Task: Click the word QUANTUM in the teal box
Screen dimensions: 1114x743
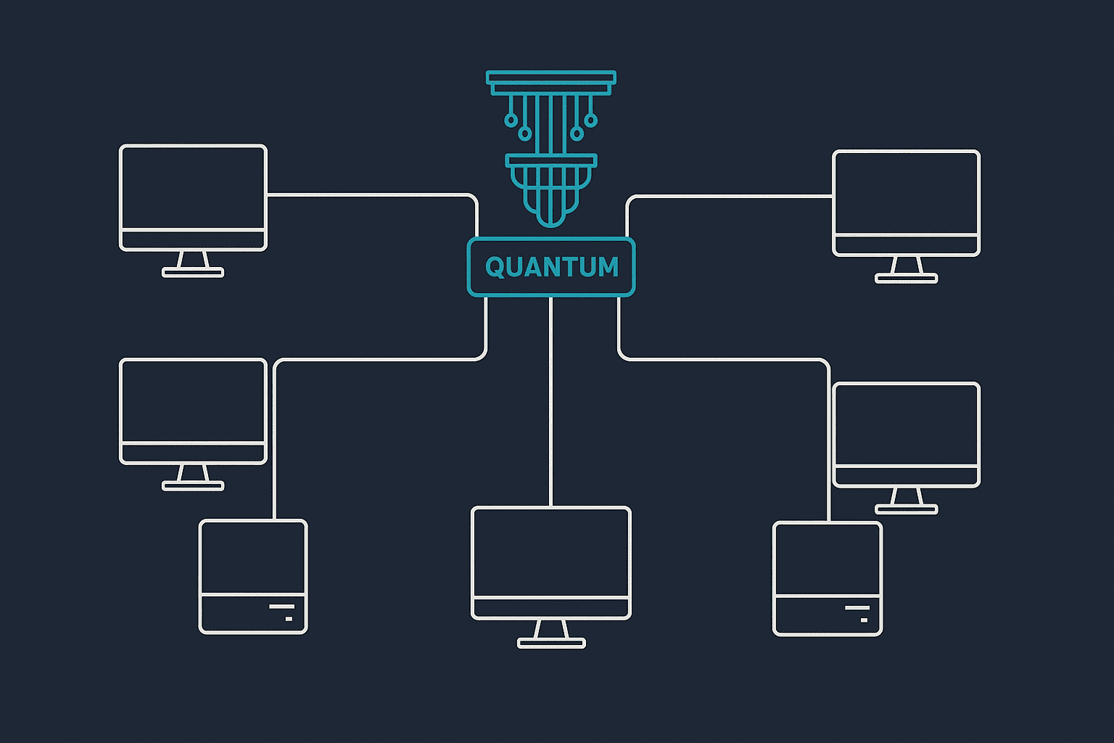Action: click(551, 267)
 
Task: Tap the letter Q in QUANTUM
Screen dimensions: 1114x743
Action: click(495, 267)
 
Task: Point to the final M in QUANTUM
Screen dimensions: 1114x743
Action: click(608, 267)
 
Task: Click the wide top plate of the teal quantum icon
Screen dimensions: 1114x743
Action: click(551, 77)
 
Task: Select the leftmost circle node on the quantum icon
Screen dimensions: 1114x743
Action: click(511, 120)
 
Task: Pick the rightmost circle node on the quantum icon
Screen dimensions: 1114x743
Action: click(591, 120)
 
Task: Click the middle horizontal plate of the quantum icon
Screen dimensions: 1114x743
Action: click(551, 160)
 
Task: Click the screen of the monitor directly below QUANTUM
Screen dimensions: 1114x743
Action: click(551, 552)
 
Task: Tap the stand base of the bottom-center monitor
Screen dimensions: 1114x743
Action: click(551, 643)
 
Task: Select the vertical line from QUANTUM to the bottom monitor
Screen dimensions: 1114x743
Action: click(550, 401)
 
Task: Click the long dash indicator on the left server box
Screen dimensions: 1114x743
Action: click(282, 607)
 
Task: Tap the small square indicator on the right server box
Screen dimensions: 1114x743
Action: click(864, 620)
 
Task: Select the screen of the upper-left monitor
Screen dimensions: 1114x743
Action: click(193, 188)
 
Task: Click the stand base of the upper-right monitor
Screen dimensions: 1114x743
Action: click(906, 278)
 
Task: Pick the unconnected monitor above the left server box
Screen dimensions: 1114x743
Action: click(193, 424)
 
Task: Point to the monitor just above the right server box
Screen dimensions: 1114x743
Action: click(906, 448)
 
